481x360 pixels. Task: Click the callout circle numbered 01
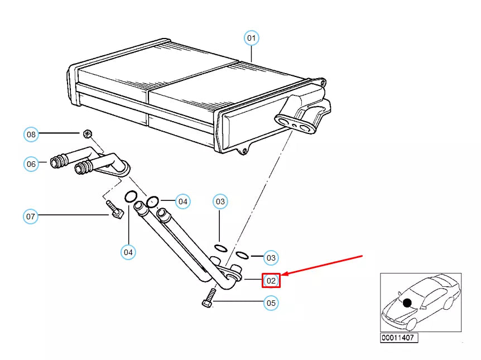(251, 38)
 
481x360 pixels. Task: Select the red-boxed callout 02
(271, 281)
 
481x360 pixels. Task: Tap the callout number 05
(271, 303)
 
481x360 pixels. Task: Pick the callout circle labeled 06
(31, 164)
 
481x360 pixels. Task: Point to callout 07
(30, 217)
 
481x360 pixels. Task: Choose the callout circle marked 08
(31, 135)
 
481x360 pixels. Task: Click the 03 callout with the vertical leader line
(220, 201)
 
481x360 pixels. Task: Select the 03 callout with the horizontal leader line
(271, 258)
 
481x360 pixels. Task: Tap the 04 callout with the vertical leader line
(128, 252)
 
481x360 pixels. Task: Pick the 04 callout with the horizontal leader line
(183, 201)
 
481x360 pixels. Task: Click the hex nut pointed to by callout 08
(88, 134)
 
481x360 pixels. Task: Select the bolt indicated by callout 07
(115, 209)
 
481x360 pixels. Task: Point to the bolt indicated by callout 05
(209, 298)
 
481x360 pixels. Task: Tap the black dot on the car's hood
(407, 303)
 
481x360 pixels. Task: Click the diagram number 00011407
(398, 338)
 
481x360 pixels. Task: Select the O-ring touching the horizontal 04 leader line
(153, 201)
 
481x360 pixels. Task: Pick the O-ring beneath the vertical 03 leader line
(221, 248)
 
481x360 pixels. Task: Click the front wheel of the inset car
(412, 324)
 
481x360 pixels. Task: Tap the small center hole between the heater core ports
(295, 125)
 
